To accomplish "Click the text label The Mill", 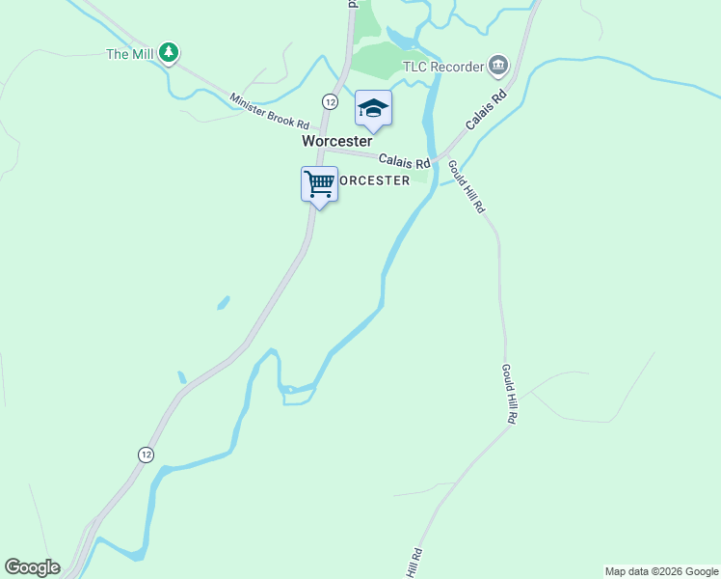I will click(x=130, y=54).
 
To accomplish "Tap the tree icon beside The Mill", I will click(x=169, y=52).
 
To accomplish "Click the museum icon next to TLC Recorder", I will click(x=497, y=66).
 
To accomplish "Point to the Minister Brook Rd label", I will click(x=269, y=112).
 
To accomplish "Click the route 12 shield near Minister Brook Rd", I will click(x=330, y=101).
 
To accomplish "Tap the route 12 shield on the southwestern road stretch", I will click(x=146, y=455).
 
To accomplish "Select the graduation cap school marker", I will click(x=373, y=108).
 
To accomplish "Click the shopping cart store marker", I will click(x=319, y=183).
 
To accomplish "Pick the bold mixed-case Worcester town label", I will click(x=336, y=141).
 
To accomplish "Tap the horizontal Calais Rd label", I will click(x=404, y=161).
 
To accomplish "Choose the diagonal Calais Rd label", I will click(x=486, y=111).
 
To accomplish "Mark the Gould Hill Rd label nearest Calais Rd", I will click(x=466, y=186).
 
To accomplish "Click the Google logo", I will click(x=32, y=567).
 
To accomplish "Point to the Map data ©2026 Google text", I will click(x=661, y=571).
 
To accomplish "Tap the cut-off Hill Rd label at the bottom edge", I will click(x=414, y=563).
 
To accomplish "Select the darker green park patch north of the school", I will click(x=375, y=61).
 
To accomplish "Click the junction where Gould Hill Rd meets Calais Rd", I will click(x=441, y=157).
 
